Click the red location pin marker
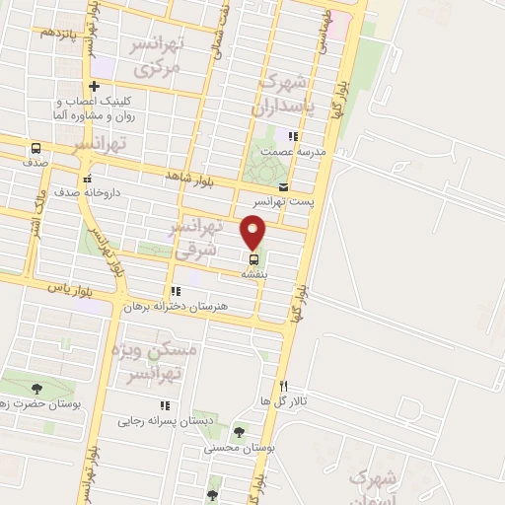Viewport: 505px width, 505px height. [x=254, y=231]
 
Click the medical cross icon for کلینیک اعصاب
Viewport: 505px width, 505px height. [x=94, y=86]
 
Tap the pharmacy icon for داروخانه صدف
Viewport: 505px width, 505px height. [x=89, y=179]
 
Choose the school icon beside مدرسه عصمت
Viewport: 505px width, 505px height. [x=292, y=136]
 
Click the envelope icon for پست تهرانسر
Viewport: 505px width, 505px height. [x=284, y=186]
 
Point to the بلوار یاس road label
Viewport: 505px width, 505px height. [x=70, y=287]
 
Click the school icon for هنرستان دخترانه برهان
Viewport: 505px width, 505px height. [x=176, y=291]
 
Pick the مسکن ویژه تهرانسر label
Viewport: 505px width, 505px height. [x=158, y=362]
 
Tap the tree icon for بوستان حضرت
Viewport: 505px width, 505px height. [x=37, y=389]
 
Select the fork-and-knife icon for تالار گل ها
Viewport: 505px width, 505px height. [x=284, y=386]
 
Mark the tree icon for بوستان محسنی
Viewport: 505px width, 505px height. [x=239, y=431]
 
